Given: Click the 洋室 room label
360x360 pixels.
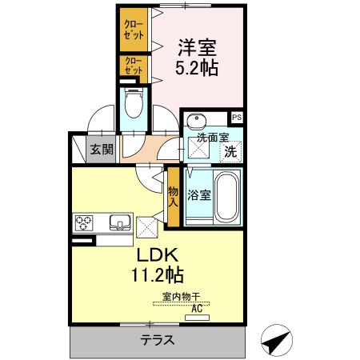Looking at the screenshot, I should [x=197, y=48].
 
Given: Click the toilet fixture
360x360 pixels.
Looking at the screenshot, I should [x=134, y=102].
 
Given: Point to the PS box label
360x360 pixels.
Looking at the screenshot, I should [x=238, y=118].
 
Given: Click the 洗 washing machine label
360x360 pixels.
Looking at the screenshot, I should [x=230, y=150].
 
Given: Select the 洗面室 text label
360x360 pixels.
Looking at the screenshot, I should [x=213, y=137].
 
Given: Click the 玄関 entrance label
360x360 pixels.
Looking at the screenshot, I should [x=102, y=149].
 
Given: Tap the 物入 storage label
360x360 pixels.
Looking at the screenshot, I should [x=173, y=197].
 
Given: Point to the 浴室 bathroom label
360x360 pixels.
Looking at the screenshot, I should [x=199, y=194].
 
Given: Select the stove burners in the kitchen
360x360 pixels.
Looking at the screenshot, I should [x=86, y=222].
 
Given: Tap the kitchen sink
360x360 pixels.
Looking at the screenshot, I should [x=120, y=222].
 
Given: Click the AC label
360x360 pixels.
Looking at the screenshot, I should [x=195, y=306].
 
